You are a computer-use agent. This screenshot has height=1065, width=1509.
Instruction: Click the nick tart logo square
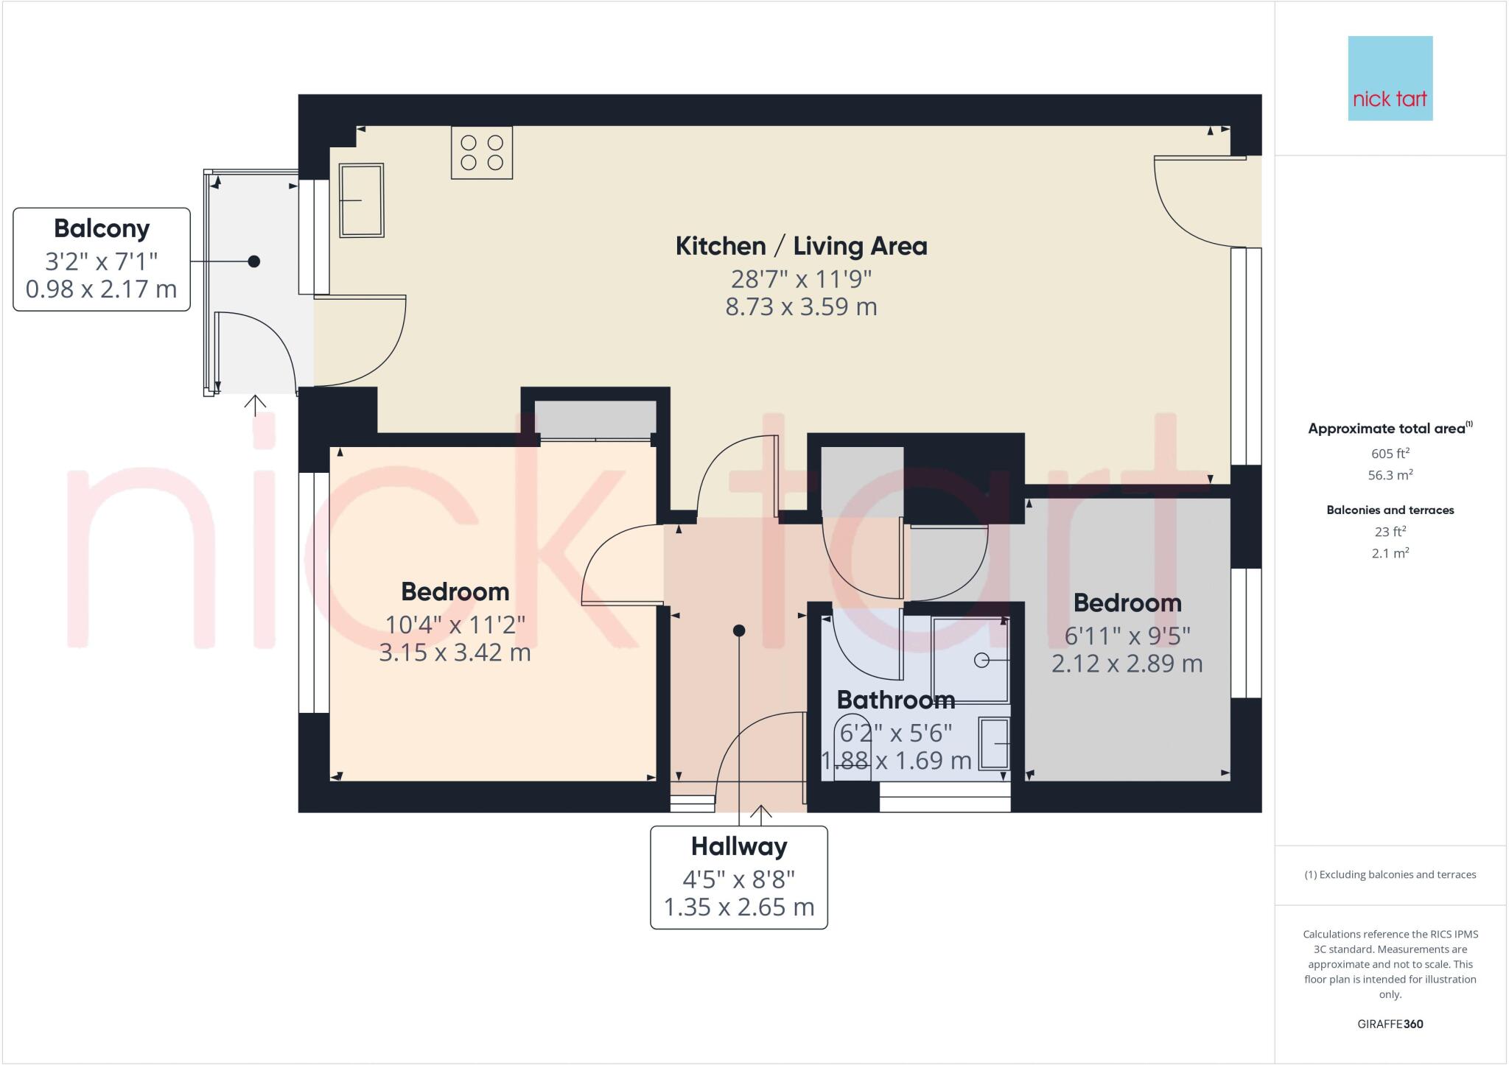1390,78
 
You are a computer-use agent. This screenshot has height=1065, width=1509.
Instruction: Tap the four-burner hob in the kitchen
482,153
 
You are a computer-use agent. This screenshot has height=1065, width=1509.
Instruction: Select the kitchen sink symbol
361,200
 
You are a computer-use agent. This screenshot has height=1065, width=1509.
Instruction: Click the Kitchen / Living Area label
802,246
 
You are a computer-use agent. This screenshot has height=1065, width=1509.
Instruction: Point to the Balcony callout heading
102,229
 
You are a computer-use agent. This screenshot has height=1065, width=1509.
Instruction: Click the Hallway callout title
739,847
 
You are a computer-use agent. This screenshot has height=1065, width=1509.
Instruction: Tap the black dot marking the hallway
739,630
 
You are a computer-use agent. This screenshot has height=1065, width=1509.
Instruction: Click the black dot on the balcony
254,261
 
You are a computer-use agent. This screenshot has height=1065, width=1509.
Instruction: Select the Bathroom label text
896,699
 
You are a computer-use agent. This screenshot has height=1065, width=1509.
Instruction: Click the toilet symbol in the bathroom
855,745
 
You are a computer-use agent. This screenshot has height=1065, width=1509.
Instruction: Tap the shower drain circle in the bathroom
981,661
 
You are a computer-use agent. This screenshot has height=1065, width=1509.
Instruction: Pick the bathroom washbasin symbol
994,743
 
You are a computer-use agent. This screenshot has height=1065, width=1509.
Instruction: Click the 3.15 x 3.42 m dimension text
455,653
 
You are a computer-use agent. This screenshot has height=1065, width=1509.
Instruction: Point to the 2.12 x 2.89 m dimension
1127,664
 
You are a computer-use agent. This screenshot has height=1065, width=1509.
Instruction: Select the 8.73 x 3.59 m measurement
802,306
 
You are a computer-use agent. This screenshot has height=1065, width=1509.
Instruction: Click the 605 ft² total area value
1390,454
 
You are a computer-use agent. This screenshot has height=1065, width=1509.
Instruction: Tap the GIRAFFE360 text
1390,1024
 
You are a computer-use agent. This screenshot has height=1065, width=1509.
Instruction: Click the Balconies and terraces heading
1390,510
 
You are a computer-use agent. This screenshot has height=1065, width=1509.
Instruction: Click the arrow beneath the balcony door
255,406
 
